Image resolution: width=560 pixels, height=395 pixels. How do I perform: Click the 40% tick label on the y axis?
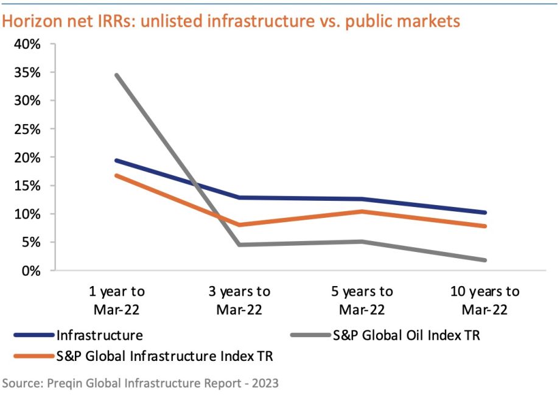[x=27, y=44]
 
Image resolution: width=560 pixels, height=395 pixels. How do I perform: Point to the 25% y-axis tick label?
[x=27, y=129]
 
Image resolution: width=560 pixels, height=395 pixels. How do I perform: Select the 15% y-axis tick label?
[x=27, y=186]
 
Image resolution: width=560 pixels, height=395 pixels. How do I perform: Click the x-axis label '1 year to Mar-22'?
[x=116, y=300]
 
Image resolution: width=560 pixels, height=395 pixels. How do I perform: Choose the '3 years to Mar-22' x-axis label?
[x=239, y=300]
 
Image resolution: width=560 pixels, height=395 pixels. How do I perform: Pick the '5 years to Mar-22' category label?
[x=362, y=300]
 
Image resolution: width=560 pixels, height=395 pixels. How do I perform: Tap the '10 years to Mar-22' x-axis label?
[x=485, y=300]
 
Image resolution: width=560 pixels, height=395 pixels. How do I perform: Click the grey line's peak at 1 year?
[x=116, y=75]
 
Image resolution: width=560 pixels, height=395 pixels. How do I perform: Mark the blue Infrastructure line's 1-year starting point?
[x=116, y=161]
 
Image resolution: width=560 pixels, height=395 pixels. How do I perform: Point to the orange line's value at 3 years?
[x=239, y=225]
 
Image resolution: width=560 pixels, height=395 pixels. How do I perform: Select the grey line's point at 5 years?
[x=362, y=242]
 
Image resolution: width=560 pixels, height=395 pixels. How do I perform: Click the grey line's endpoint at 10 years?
[x=485, y=260]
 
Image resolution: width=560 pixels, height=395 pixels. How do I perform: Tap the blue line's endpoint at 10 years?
[x=485, y=212]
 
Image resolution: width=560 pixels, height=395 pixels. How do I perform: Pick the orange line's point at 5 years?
[x=362, y=211]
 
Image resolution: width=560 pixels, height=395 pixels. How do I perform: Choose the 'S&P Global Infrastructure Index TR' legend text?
[x=164, y=357]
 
